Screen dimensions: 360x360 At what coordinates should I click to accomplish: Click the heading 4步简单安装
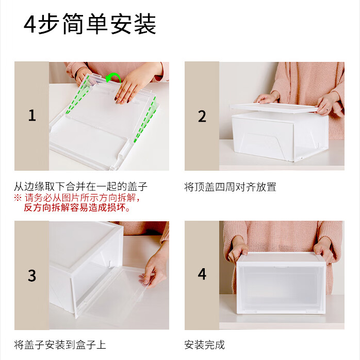90,25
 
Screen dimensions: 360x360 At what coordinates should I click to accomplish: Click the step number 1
32,116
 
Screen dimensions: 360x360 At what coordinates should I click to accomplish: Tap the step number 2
202,116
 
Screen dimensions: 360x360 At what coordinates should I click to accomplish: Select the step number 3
32,275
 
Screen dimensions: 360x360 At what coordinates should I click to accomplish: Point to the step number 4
202,274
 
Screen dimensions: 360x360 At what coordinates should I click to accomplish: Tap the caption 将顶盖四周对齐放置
230,187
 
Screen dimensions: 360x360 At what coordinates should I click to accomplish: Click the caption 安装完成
205,345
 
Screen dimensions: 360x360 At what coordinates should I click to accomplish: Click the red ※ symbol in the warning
18,198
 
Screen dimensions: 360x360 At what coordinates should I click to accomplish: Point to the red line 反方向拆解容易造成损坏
77,208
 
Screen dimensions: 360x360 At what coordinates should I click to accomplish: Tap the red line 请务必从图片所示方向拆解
83,198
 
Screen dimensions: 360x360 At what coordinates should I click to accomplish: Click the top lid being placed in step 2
273,107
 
